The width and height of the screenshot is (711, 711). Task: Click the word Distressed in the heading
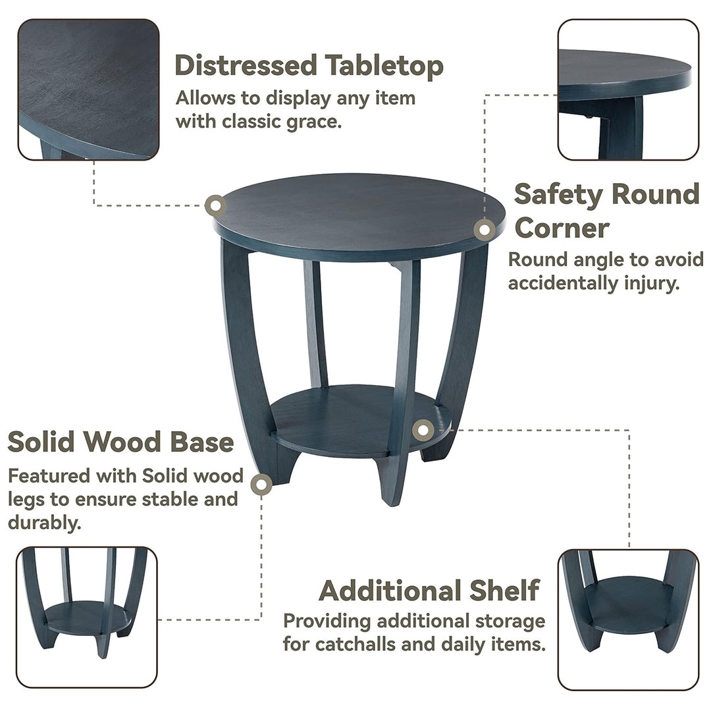[246, 65]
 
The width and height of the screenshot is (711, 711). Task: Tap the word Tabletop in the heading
[384, 66]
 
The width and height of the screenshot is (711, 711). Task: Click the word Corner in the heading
[562, 228]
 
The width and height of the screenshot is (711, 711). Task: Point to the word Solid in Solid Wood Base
[41, 442]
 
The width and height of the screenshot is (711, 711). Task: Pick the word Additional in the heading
[390, 591]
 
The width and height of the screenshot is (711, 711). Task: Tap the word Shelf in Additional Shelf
[504, 591]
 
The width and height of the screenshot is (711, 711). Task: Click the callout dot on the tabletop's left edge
[216, 205]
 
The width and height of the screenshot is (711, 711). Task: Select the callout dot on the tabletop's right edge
[485, 230]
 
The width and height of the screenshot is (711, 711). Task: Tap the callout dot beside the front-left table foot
[261, 485]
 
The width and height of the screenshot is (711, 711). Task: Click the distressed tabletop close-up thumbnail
[88, 90]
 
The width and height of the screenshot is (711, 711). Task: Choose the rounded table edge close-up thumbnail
[628, 90]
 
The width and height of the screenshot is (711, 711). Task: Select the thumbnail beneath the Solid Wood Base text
[87, 617]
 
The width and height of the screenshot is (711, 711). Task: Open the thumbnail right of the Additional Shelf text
[628, 620]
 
